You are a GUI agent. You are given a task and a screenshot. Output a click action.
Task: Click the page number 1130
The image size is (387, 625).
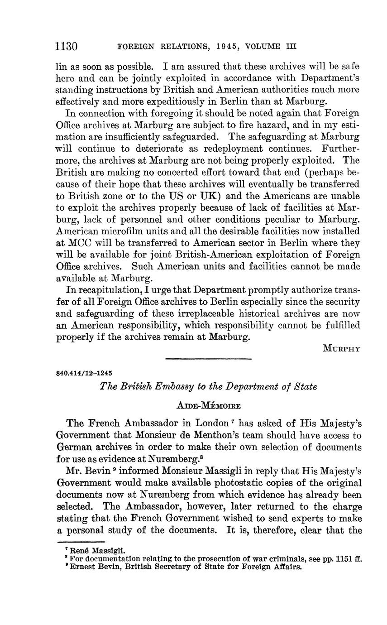click(x=67, y=47)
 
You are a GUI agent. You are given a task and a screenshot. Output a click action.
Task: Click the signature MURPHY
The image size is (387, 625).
click(x=342, y=348)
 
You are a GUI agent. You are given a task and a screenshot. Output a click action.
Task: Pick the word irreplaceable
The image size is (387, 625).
click(x=197, y=313)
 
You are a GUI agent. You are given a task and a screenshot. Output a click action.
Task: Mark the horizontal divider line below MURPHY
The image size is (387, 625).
click(x=208, y=359)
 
